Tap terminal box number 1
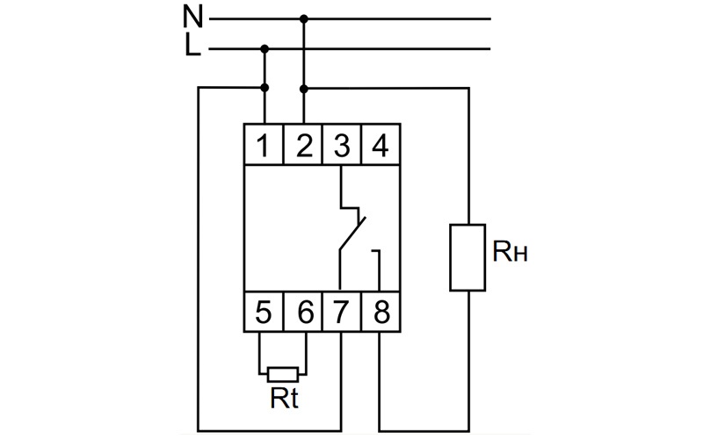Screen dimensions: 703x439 [264, 144]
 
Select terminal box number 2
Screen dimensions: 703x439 [303, 144]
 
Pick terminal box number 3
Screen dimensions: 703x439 [342, 144]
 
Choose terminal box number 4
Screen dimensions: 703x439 [380, 144]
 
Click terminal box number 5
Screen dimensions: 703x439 [264, 312]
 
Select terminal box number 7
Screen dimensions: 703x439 [342, 312]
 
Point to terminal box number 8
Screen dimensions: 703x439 [380, 312]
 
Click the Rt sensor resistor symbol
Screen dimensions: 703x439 [283, 375]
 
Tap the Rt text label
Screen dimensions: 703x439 [284, 398]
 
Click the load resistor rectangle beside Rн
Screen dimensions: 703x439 [467, 257]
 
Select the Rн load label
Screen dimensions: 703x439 [510, 251]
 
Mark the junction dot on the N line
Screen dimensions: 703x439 [304, 18]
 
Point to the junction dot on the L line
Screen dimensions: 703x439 [265, 48]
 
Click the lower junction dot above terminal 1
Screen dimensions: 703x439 [265, 87]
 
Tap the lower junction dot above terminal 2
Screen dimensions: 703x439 [304, 89]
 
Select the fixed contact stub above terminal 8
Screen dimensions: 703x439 [378, 270]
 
